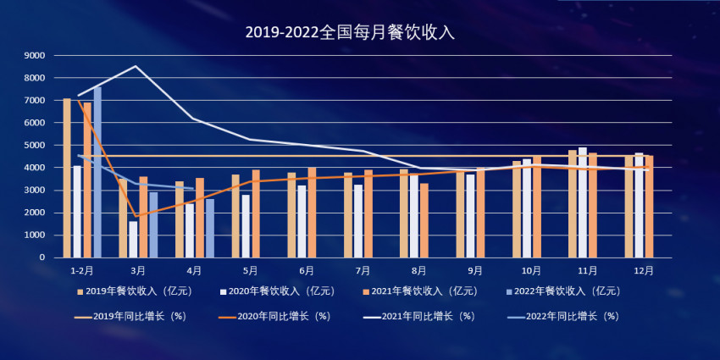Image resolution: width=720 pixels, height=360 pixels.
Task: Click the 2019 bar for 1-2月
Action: (67, 178)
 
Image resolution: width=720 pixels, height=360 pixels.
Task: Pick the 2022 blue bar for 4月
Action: (209, 228)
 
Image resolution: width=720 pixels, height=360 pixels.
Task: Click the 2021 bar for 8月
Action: (424, 220)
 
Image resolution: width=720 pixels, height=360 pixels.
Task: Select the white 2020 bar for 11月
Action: (583, 202)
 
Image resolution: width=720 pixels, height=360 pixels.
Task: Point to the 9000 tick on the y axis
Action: (36, 56)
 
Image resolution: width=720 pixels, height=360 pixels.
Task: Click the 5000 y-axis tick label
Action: (36, 146)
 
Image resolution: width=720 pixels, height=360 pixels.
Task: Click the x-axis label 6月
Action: (307, 271)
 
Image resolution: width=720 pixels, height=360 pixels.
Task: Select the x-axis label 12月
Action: (644, 271)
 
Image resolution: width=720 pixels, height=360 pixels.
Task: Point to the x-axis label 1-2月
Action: (82, 271)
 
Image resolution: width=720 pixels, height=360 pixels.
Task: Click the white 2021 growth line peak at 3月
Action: (136, 66)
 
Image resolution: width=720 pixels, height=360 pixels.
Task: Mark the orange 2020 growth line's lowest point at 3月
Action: (136, 216)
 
